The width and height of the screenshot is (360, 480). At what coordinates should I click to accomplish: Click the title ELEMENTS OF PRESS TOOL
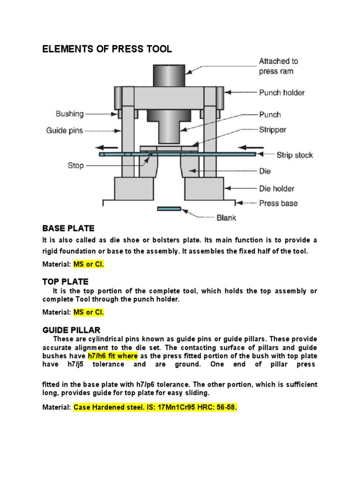107,49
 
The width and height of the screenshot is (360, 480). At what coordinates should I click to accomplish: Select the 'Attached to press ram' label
278,66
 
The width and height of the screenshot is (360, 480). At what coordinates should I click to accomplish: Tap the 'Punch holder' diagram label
282,93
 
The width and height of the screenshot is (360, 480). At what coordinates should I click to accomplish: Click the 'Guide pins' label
64,131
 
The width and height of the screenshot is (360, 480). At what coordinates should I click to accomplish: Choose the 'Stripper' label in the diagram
273,130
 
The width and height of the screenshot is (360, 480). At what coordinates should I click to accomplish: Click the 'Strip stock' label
294,155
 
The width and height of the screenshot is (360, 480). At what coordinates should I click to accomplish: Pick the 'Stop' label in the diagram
75,165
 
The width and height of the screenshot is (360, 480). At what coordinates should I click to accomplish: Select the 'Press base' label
278,203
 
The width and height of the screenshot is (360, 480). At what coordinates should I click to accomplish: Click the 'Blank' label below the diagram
226,217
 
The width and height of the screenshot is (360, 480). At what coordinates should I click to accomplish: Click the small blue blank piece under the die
169,209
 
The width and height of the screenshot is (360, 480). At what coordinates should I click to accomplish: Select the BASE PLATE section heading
68,228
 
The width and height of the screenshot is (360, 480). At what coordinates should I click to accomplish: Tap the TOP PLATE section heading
65,282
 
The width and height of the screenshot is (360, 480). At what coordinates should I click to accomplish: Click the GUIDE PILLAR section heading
71,330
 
